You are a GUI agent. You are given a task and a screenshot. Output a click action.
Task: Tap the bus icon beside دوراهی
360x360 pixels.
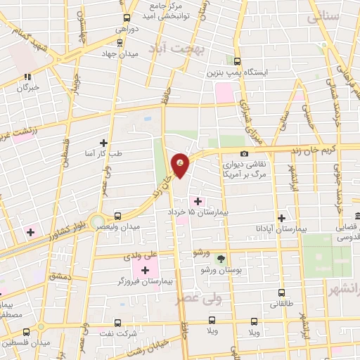[x=127, y=18]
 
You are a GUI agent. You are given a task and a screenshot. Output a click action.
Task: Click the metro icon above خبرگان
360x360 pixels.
[x=27, y=77]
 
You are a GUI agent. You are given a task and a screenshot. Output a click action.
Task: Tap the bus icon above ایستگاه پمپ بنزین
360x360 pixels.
[x=237, y=61]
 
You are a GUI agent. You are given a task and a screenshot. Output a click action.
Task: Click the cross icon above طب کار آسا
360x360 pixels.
[x=104, y=142]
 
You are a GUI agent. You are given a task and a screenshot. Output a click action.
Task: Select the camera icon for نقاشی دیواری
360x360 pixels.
[x=244, y=154]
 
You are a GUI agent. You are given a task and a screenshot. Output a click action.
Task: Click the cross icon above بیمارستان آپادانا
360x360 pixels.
[x=282, y=218]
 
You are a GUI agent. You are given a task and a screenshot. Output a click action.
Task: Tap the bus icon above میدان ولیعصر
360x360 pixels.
[x=117, y=216]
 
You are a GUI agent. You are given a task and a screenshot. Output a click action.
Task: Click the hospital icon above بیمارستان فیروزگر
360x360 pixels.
[x=146, y=270]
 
